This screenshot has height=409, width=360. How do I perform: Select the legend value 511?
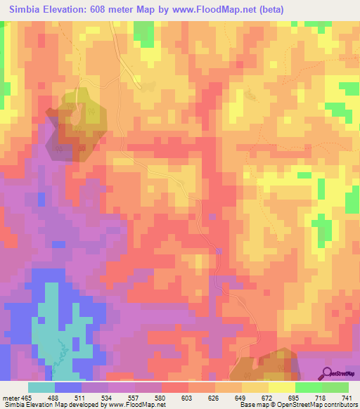tap(89, 397)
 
